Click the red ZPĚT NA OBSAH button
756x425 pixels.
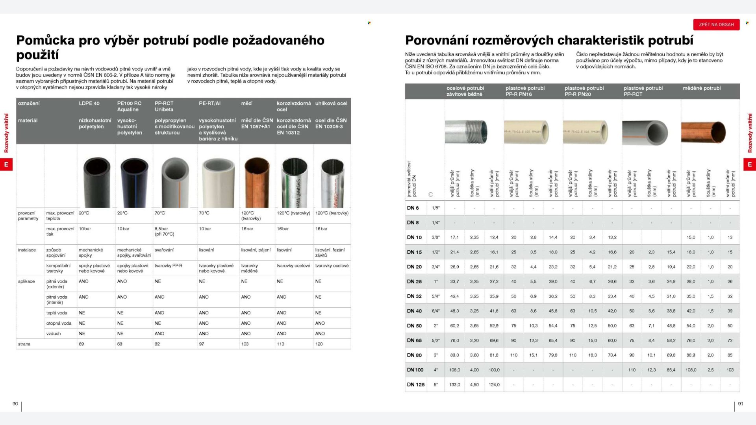716,24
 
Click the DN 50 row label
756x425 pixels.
414,326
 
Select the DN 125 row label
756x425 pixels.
416,385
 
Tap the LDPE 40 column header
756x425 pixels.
89,103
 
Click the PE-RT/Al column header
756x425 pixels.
209,103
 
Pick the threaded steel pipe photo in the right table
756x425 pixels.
466,132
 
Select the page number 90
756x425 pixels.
15,404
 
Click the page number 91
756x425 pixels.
741,404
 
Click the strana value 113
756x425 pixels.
280,344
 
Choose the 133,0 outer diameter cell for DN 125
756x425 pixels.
454,385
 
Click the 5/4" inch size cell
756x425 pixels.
435,296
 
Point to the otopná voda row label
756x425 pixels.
59,323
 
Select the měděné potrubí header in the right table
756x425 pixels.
702,88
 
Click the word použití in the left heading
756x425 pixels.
37,55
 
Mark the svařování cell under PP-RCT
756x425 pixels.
164,250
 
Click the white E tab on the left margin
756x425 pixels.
6,164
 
